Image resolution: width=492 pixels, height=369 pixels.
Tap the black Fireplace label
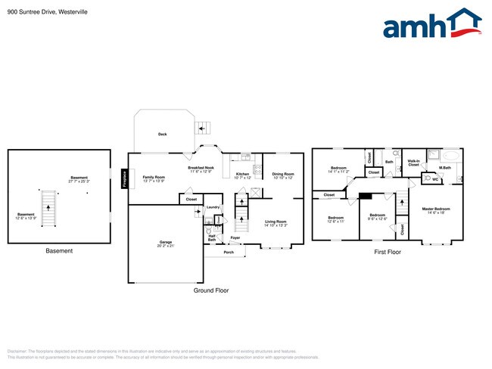point(125,178)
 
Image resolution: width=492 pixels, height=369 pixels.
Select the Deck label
point(162,135)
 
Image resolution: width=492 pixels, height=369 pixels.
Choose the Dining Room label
point(283,175)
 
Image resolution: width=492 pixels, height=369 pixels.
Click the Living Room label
point(276,223)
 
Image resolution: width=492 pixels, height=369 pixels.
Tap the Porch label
point(229,252)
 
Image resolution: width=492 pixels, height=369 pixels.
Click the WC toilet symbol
point(428,178)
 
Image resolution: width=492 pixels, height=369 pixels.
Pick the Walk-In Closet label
point(413,163)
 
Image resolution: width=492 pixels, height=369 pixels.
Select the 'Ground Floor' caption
point(212,290)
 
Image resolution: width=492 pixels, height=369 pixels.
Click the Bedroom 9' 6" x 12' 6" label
point(378,217)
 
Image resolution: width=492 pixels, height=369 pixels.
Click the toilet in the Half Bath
point(209,231)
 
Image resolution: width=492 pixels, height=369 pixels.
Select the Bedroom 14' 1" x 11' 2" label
point(338,170)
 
